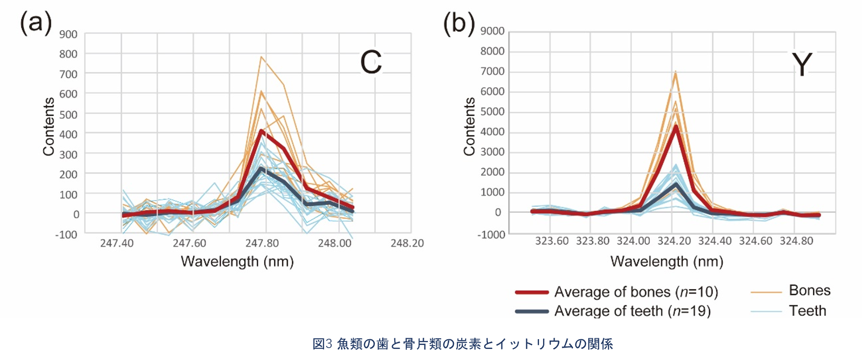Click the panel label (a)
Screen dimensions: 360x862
(x=36, y=23)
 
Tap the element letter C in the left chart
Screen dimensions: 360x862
(x=371, y=62)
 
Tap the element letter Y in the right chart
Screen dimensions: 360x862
(x=802, y=65)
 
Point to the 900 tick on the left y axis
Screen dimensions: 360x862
(x=68, y=34)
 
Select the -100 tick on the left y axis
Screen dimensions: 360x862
(x=66, y=234)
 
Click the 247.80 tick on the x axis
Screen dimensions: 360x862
(x=262, y=243)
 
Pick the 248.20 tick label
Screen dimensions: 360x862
(x=407, y=243)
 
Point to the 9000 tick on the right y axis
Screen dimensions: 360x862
(x=492, y=31)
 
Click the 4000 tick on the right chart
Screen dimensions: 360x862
(x=492, y=132)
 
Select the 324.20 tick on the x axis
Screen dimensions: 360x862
(x=674, y=241)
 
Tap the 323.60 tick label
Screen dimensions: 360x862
(x=551, y=241)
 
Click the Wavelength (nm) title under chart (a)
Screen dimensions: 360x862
(x=237, y=261)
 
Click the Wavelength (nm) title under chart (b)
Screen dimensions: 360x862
(x=667, y=261)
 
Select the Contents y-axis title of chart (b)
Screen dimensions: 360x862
(x=469, y=127)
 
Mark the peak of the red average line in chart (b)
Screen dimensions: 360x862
(x=676, y=126)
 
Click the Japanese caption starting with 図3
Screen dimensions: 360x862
(x=462, y=344)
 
